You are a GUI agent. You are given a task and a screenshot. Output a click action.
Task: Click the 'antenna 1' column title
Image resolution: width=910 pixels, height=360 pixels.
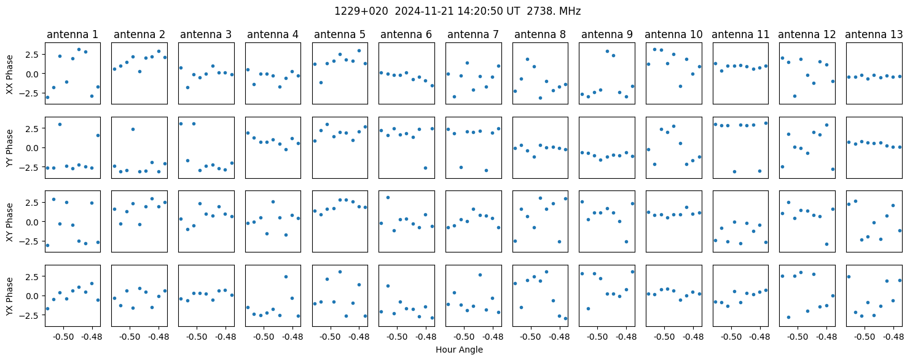(73, 35)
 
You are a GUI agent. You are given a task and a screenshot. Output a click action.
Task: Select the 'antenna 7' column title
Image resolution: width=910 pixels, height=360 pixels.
(473, 35)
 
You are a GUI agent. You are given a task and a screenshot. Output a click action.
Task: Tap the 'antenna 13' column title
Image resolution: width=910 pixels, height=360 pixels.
(874, 35)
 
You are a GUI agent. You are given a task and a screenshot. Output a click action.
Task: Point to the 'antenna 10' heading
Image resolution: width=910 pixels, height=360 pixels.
(673, 35)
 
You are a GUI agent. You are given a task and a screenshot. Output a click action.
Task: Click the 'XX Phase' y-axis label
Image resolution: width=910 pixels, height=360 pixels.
(10, 74)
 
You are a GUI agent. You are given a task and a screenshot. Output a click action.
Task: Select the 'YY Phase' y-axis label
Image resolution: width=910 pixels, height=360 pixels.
(10, 148)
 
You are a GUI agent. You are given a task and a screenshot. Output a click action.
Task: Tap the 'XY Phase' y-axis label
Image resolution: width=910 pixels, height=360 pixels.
(10, 222)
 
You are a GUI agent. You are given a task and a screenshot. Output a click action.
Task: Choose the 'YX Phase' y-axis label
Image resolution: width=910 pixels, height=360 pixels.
(10, 296)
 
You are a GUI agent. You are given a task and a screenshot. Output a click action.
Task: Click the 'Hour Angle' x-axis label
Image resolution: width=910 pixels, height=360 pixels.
(459, 350)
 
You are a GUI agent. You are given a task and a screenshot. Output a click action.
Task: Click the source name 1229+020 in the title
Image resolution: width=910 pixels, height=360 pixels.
(361, 12)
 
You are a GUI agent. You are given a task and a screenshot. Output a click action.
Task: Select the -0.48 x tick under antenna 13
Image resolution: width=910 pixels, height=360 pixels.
(893, 337)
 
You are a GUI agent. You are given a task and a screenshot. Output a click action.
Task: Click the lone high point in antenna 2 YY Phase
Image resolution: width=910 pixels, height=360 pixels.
(133, 129)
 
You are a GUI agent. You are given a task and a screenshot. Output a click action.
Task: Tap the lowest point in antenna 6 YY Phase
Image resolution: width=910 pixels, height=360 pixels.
(425, 168)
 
